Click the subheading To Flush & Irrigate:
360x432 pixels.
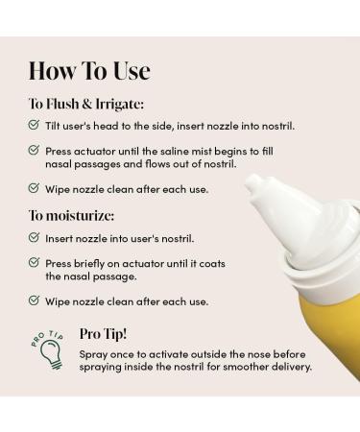(85, 104)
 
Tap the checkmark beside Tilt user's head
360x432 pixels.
(35, 126)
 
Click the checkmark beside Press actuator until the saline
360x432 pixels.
(35, 151)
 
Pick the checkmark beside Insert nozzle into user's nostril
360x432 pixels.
(35, 237)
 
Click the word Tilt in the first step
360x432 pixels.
(55, 126)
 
